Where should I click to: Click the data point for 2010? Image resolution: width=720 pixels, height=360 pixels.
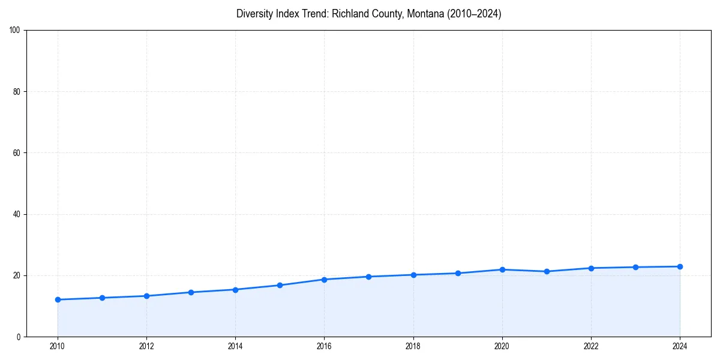[x=58, y=299]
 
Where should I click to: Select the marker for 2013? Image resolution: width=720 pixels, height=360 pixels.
[x=191, y=292]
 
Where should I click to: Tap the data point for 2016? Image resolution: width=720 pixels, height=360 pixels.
[x=324, y=280]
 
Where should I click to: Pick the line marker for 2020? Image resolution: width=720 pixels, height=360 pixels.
[x=502, y=269]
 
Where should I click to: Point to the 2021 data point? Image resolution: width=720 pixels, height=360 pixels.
[x=547, y=271]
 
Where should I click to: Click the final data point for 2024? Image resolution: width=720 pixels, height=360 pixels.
[x=680, y=266]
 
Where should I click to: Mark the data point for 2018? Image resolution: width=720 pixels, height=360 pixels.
[x=413, y=275]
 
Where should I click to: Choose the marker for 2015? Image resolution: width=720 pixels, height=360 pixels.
[x=280, y=285]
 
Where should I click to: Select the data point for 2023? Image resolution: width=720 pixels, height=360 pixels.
[x=635, y=267]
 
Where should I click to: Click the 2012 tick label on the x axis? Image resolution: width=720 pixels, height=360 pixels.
[x=146, y=346]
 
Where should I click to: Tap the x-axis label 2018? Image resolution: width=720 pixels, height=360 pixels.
[x=413, y=346]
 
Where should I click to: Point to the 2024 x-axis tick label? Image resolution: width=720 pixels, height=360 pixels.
[x=680, y=346]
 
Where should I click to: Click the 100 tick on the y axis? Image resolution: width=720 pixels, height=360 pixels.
[x=16, y=30]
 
